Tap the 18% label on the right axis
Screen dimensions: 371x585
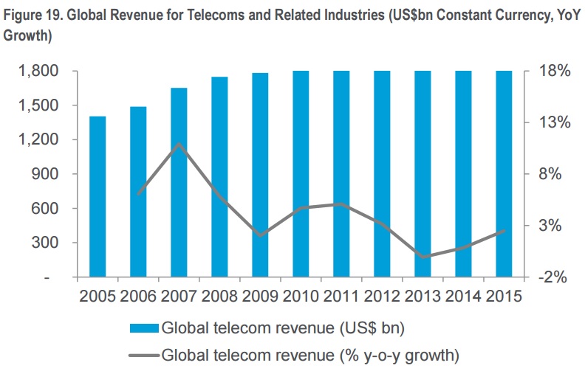[548, 72]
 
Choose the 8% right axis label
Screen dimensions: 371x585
[551, 174]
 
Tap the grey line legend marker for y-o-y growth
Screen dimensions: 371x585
[143, 355]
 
